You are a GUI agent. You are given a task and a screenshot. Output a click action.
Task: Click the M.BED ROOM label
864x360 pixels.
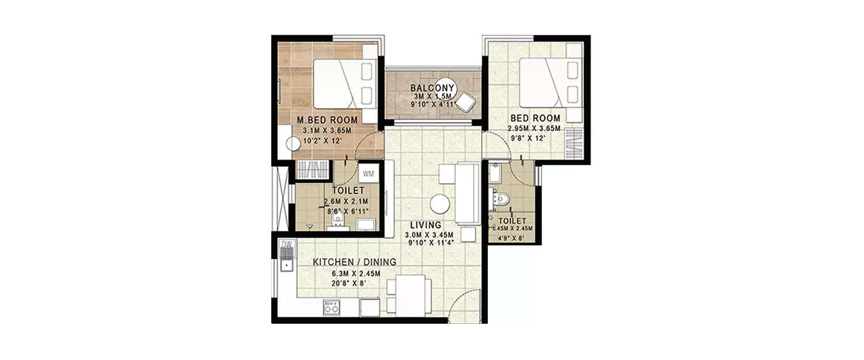pos(327,120)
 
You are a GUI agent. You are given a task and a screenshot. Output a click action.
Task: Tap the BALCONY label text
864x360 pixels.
pos(432,88)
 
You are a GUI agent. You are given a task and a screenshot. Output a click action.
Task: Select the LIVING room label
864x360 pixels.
pos(426,225)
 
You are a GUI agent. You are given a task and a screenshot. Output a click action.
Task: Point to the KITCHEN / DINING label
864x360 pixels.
pos(354,262)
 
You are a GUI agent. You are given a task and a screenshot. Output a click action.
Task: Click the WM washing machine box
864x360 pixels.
pos(367,173)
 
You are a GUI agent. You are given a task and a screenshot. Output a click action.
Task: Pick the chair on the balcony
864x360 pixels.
pos(465,103)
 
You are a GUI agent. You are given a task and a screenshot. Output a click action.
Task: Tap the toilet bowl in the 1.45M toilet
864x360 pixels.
pos(501,199)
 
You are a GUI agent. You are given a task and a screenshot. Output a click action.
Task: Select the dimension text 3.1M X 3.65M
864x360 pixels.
pos(327,130)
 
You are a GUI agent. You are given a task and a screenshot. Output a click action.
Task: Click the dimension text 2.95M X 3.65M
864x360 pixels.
pos(534,129)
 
